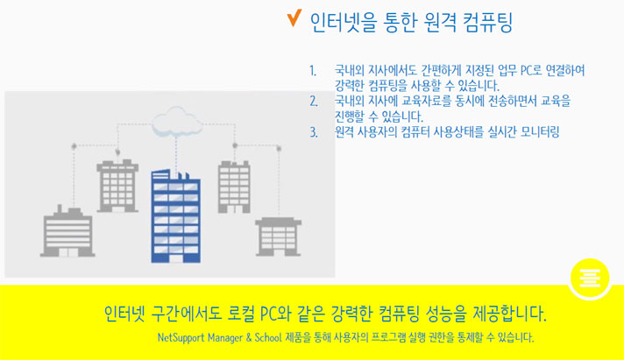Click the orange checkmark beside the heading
(294, 18)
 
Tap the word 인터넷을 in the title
(343, 22)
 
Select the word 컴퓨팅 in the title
(487, 22)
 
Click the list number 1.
(313, 71)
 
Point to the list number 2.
(314, 102)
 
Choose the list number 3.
(314, 132)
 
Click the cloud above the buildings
(177, 122)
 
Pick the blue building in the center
(175, 216)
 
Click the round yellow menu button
(590, 278)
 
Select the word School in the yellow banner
(268, 337)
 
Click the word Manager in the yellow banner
(225, 338)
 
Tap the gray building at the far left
(67, 231)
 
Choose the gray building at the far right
(278, 236)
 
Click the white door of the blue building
(175, 258)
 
